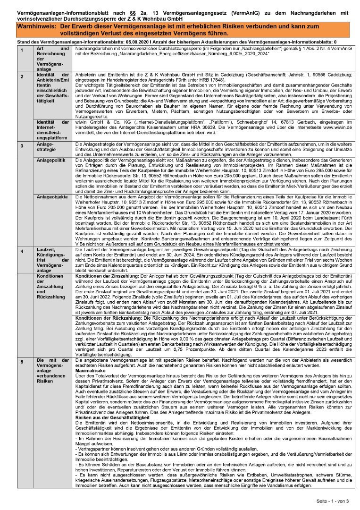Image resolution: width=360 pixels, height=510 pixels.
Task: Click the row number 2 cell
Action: pyautogui.click(x=21, y=76)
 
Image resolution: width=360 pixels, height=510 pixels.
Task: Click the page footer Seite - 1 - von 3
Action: pyautogui.click(x=332, y=501)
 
